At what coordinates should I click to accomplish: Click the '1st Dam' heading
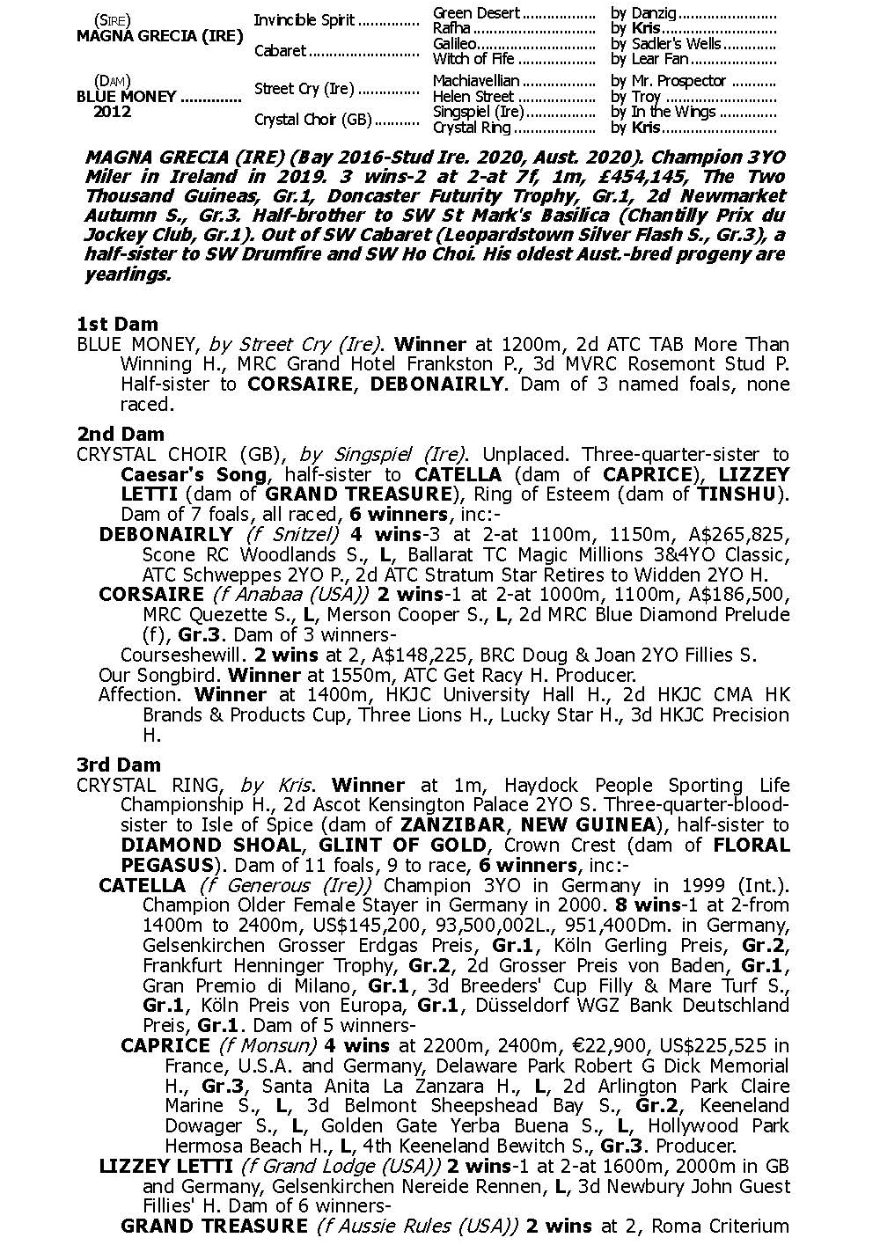pos(117,324)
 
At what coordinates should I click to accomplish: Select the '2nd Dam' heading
pos(119,434)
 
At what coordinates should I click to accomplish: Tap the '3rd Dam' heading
pos(119,765)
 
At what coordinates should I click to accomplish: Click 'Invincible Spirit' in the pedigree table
pos(304,19)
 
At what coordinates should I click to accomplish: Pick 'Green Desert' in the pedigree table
pos(476,13)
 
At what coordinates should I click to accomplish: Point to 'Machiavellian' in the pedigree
pos(476,80)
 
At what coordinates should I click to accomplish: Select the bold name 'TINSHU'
pos(736,494)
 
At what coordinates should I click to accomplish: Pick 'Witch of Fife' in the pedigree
pos(473,59)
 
